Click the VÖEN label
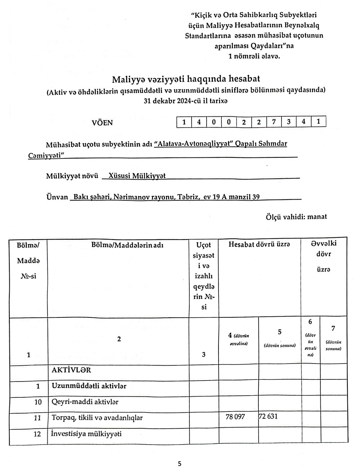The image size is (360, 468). tap(102, 122)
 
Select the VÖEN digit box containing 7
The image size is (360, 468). tap(274, 122)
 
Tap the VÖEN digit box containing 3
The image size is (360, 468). tap(289, 122)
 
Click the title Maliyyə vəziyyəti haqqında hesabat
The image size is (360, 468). tap(186, 79)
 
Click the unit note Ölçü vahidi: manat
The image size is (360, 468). tap(296, 217)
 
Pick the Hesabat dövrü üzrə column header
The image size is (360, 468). tap(259, 244)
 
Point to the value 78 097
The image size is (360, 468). tap(235, 417)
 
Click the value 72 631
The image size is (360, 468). tap(268, 416)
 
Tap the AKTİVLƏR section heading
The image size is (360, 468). tap(71, 370)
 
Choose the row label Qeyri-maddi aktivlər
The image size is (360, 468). tap(85, 401)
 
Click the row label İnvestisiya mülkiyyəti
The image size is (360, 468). tap(87, 433)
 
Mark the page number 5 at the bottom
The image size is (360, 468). tap(179, 464)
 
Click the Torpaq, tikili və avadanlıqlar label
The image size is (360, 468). tap(97, 418)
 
